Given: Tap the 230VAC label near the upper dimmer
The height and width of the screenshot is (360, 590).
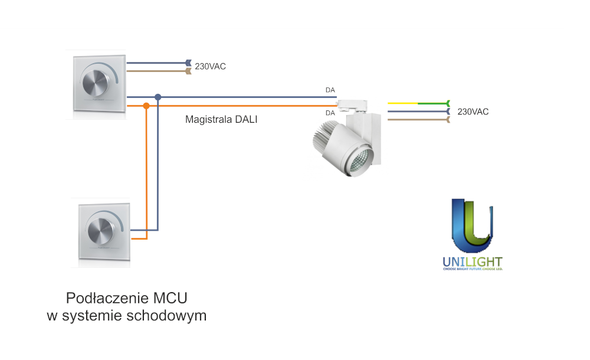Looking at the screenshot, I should (x=210, y=67).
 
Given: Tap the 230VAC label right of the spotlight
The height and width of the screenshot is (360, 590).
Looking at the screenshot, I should (x=473, y=112).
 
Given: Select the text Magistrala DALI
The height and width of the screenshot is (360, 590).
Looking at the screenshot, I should (x=221, y=119).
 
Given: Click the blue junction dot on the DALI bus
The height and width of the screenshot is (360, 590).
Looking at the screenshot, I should (x=158, y=97).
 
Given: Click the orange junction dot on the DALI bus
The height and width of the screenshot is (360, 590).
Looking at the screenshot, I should (x=146, y=106).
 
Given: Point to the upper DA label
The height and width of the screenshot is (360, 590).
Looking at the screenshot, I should (x=330, y=90).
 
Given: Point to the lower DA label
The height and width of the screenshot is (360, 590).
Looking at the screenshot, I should (x=330, y=112).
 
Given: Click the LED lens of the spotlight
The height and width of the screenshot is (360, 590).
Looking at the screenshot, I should (x=358, y=161).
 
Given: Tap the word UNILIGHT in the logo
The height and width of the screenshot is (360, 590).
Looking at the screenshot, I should (x=472, y=261).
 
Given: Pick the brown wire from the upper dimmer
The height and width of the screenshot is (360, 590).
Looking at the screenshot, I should (x=156, y=71).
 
